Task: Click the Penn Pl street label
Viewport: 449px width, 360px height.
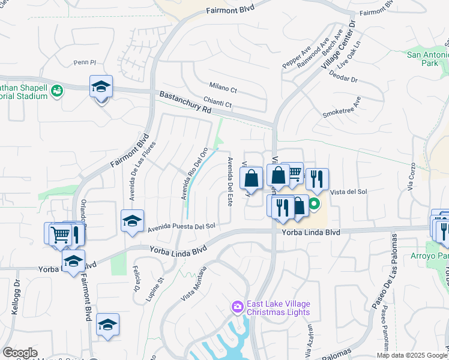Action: point(85,62)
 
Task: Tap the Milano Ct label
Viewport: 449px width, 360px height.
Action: point(223,89)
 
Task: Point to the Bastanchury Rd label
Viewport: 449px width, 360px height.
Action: point(186,103)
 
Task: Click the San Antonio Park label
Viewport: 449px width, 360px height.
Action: point(428,59)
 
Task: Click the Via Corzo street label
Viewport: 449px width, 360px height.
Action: point(411,176)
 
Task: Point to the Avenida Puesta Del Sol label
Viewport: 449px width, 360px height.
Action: point(181,227)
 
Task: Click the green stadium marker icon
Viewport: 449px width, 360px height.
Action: point(58,91)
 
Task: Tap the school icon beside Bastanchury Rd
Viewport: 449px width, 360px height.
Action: point(101,88)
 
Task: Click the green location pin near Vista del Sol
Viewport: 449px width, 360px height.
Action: point(314,209)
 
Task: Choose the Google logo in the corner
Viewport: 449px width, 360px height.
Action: point(20,353)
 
